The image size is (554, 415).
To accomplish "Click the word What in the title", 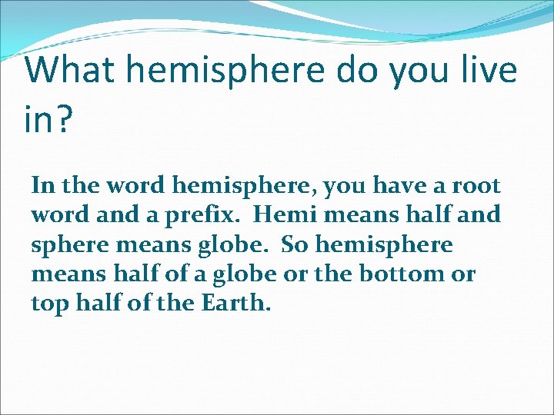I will pyautogui.click(x=69, y=71).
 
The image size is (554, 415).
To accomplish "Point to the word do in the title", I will pyautogui.click(x=359, y=71).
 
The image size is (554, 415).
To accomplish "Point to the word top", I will pyautogui.click(x=48, y=304).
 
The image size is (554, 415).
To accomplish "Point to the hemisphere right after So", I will pyautogui.click(x=385, y=244).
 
